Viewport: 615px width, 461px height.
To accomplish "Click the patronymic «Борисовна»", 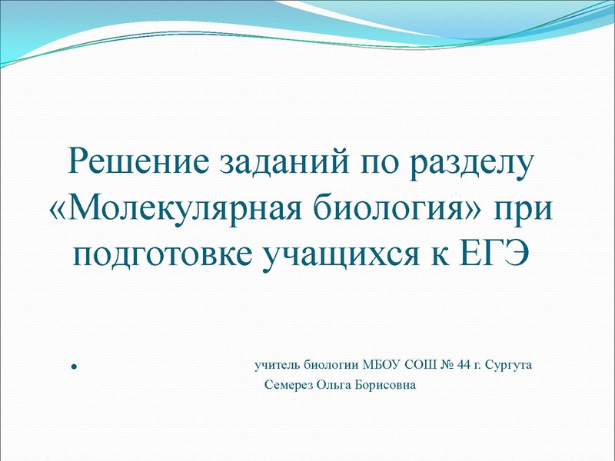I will click(387, 384).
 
